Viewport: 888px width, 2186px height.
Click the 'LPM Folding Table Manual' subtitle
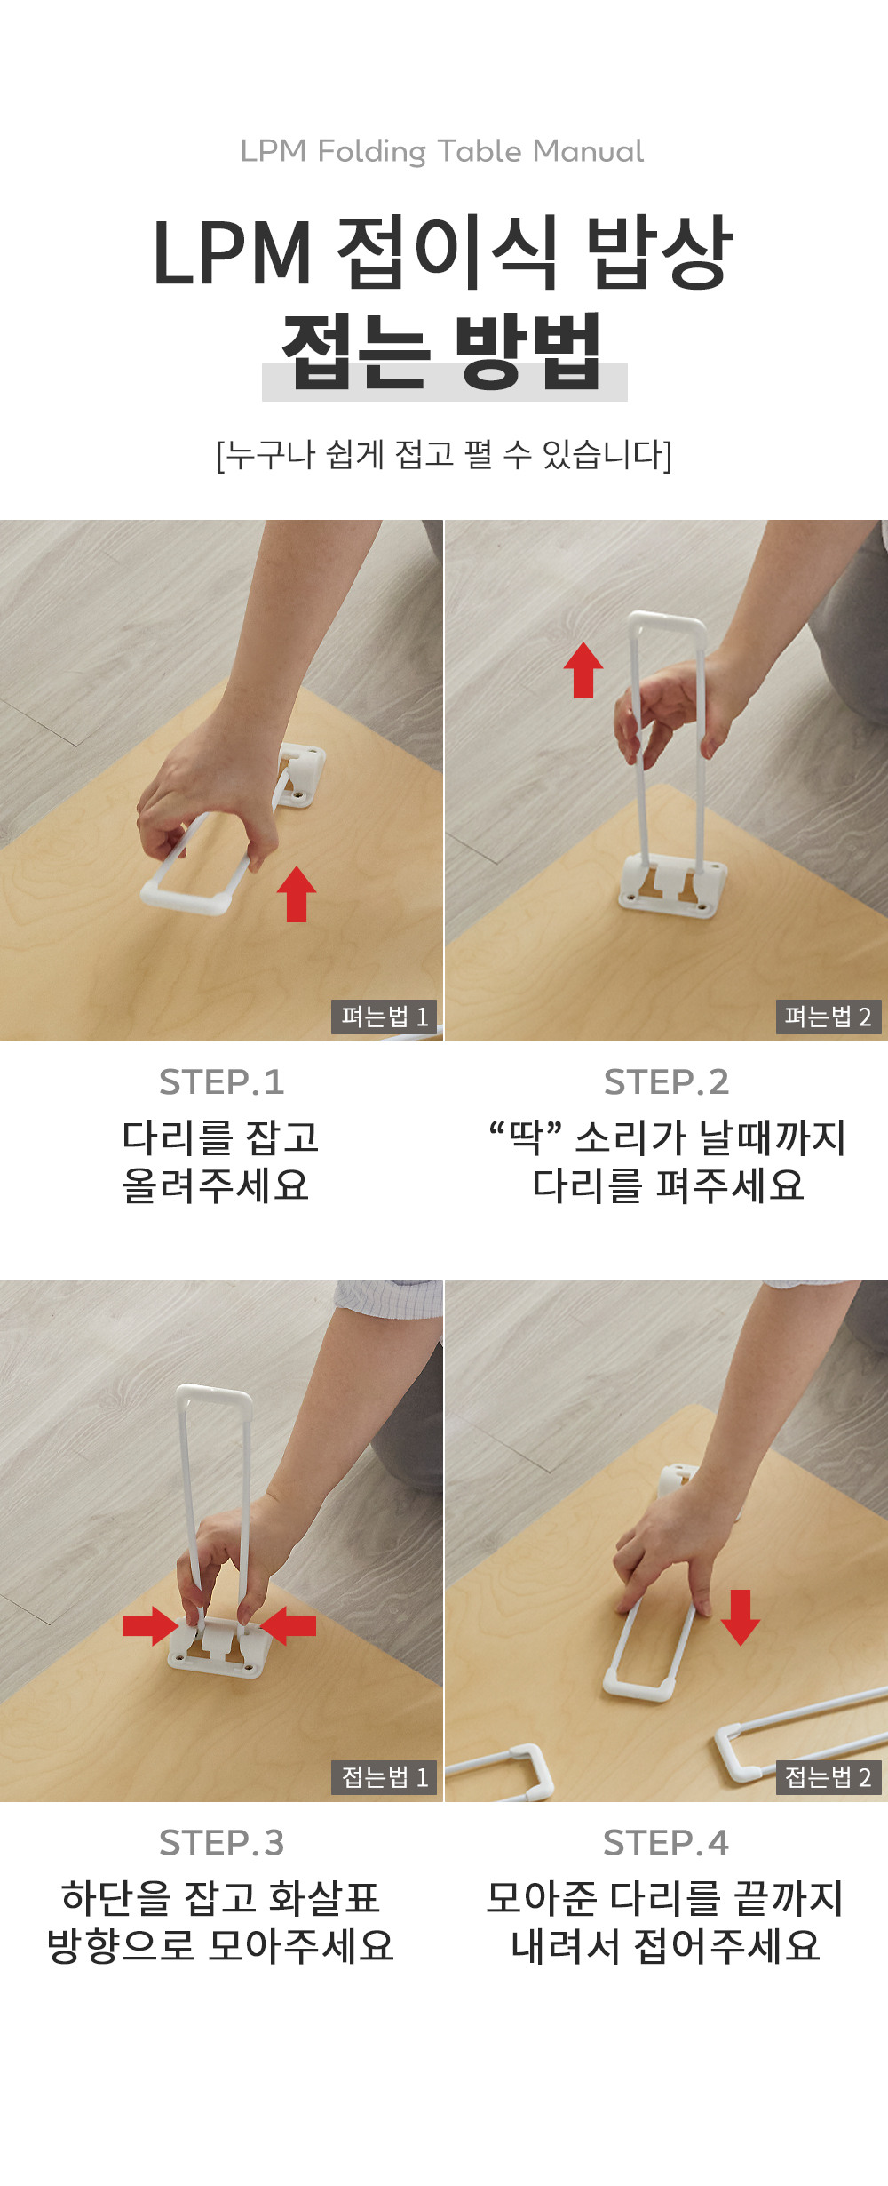442,152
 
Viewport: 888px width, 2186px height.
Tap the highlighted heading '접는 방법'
443,352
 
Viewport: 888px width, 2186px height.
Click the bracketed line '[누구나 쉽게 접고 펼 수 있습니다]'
444,455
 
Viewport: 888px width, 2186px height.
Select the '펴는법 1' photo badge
385,1016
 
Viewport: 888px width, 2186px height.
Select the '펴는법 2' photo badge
829,1016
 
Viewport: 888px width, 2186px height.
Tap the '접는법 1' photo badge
385,1777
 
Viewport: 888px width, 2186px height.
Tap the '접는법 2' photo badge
829,1777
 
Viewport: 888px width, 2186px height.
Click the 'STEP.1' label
221,1082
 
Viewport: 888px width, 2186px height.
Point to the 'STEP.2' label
666,1082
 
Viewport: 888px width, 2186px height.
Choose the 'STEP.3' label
221,1843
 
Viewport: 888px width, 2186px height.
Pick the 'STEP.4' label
666,1843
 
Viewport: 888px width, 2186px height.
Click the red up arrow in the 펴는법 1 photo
297,894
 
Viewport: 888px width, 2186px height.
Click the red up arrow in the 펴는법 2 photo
583,670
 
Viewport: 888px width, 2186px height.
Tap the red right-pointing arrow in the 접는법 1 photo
150,1626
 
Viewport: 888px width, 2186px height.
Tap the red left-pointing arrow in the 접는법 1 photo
289,1626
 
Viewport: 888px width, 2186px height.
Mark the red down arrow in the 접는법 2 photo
741,1618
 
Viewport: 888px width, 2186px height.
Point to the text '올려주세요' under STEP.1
216,1185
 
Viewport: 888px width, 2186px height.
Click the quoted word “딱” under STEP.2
526,1137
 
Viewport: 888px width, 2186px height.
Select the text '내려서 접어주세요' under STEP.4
666,1946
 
